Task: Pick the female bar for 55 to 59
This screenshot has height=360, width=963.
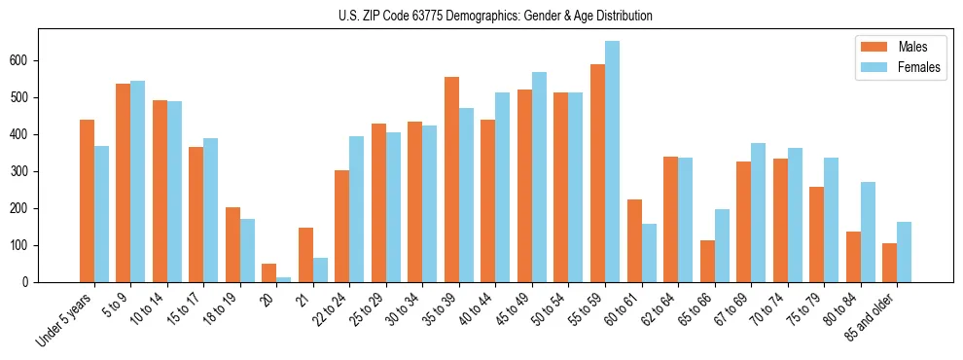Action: click(612, 162)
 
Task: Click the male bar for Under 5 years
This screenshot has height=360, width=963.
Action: click(87, 200)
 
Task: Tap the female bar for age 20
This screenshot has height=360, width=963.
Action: click(283, 279)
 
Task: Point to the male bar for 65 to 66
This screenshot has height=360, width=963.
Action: click(707, 261)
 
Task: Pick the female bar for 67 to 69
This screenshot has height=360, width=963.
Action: click(758, 212)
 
